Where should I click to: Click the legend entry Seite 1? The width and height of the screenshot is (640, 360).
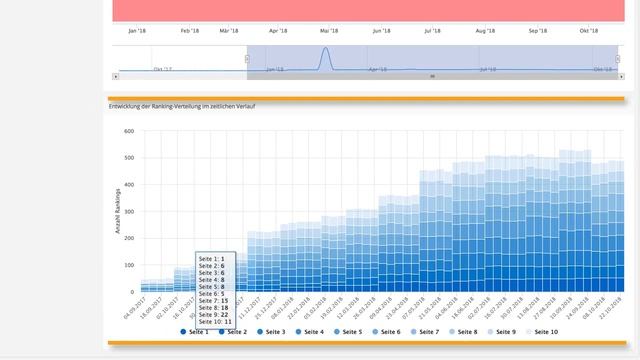coord(197,331)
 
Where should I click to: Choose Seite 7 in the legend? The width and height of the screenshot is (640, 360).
coord(427,331)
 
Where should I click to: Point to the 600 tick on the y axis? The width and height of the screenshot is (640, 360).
coord(129,131)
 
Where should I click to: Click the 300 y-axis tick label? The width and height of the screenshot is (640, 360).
coord(129,212)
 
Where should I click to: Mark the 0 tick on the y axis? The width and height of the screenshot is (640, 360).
coord(132,293)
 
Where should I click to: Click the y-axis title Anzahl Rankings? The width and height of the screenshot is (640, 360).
coord(118,212)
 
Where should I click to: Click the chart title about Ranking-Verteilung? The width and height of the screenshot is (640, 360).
coord(181,105)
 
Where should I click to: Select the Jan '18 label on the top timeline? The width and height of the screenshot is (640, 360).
coord(138,31)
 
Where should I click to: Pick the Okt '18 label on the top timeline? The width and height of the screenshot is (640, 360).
coord(589,31)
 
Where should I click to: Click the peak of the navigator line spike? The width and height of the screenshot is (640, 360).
coord(325,49)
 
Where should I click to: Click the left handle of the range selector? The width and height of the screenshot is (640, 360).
coord(247,59)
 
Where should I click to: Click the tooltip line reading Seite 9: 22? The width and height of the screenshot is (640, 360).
coord(215,314)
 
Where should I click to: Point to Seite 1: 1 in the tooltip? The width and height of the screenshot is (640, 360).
coord(211,258)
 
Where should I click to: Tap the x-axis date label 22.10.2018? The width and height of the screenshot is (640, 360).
coord(613,306)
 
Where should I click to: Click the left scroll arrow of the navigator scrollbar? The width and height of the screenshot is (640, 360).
coord(116,76)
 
